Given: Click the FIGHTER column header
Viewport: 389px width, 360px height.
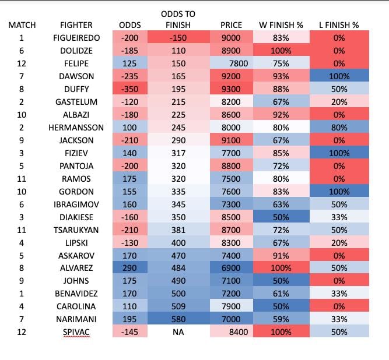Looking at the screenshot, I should tap(76, 25).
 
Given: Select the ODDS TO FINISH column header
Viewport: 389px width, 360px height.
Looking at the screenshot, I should tap(178, 19).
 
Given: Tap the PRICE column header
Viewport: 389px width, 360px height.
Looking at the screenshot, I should tap(232, 25).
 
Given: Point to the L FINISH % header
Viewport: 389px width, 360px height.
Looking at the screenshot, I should tap(339, 25).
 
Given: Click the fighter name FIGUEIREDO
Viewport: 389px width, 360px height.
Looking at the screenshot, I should tap(76, 38).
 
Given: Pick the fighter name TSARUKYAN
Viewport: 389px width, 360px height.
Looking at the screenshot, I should tap(76, 230).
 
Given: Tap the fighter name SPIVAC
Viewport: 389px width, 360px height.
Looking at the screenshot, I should tap(76, 331).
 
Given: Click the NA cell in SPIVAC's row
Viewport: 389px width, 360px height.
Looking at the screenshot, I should tap(178, 331).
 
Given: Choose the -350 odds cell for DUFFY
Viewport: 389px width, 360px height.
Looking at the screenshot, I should tap(129, 89).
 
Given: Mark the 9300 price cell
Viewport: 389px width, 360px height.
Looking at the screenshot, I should tap(232, 89).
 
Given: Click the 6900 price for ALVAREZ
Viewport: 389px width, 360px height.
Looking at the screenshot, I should tap(232, 268).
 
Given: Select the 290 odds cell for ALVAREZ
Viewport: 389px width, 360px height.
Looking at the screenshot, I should tap(129, 268).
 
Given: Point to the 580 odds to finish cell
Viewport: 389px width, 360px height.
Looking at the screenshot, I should tap(178, 319).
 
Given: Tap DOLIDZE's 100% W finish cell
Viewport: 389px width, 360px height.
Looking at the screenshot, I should tap(281, 51).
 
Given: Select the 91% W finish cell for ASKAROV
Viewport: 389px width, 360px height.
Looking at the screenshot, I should tap(281, 255).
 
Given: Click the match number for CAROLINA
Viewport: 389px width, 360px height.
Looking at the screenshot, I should tap(22, 306).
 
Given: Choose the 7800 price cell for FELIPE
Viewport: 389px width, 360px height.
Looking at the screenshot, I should tap(232, 63).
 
